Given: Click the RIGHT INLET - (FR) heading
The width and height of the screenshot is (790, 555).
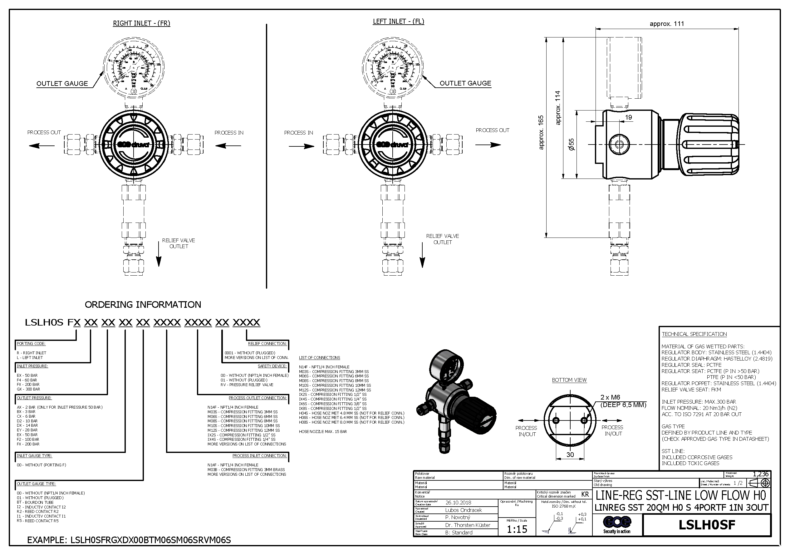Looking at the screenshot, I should (x=141, y=23).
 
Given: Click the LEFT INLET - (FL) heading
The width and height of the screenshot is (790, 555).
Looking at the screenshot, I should (x=399, y=21).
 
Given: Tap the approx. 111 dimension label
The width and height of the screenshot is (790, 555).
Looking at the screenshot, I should (x=666, y=24).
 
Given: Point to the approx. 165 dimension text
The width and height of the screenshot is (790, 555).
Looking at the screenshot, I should (x=541, y=132).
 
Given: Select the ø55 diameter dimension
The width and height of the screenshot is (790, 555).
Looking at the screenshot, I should (x=571, y=145).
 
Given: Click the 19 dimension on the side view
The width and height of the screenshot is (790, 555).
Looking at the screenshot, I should (x=628, y=117).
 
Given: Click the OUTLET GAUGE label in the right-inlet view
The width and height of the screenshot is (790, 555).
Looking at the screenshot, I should (x=62, y=84).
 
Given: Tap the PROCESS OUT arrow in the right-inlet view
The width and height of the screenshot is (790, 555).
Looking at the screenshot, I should (x=41, y=146).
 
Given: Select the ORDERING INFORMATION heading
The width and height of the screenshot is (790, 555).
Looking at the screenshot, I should (x=143, y=305).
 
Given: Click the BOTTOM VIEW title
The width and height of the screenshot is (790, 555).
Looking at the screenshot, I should (x=569, y=380).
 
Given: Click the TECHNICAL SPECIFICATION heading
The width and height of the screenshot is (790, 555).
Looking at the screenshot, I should (x=694, y=334).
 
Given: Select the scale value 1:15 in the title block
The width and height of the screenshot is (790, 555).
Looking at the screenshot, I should (x=517, y=529).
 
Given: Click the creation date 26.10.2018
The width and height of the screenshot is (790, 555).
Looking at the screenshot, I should (x=458, y=502).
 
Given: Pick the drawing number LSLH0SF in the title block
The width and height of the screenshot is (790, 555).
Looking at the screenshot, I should (x=707, y=525).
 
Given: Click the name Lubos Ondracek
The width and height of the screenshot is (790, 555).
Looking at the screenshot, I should (x=463, y=510).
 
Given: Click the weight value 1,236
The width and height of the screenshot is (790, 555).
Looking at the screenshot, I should (x=760, y=474).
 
